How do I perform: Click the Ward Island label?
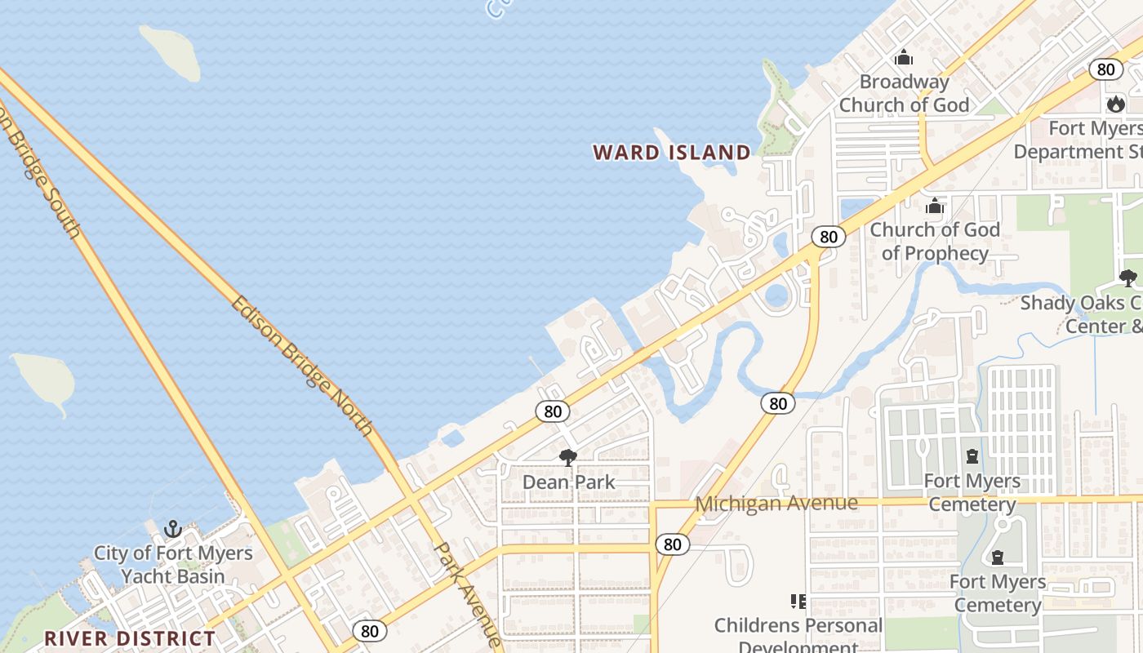click(x=671, y=153)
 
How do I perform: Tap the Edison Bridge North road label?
click(x=301, y=366)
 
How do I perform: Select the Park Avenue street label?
click(x=467, y=594)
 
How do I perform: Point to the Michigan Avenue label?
click(x=776, y=504)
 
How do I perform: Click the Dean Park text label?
click(x=568, y=482)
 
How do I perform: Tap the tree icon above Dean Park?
click(x=568, y=457)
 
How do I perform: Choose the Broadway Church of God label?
click(x=904, y=93)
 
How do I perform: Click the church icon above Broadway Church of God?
click(x=904, y=58)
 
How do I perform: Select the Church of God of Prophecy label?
click(x=935, y=241)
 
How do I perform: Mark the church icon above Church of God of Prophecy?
click(x=935, y=206)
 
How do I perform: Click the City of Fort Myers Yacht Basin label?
click(x=173, y=564)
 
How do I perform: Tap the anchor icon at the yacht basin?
click(x=172, y=529)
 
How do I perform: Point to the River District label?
click(x=130, y=638)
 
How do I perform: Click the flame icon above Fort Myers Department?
click(x=1115, y=104)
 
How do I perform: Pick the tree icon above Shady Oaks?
click(x=1127, y=278)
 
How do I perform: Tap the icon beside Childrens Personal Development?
click(x=798, y=602)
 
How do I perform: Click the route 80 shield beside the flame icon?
click(x=1105, y=69)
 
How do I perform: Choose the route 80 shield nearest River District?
click(x=370, y=630)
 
